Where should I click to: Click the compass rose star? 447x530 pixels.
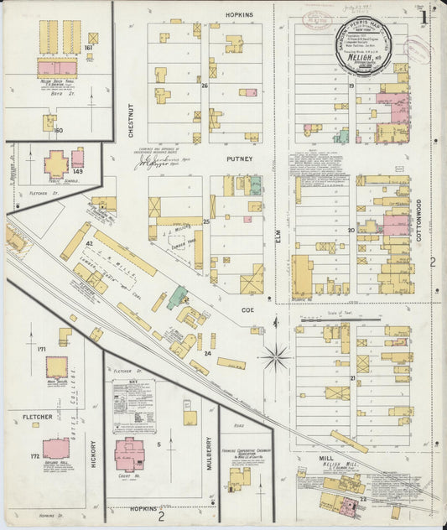pyautogui.click(x=275, y=357)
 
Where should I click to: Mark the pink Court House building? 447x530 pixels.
pyautogui.click(x=129, y=454)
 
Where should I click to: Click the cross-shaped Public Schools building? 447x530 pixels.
pyautogui.click(x=56, y=164)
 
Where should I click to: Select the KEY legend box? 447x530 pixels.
pyautogui.click(x=134, y=406)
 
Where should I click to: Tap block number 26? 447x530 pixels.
pyautogui.click(x=205, y=86)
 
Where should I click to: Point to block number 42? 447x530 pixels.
pyautogui.click(x=89, y=243)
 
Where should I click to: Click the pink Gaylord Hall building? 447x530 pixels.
pyautogui.click(x=56, y=449)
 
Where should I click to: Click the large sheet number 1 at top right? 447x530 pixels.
pyautogui.click(x=424, y=16)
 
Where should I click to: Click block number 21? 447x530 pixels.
pyautogui.click(x=353, y=378)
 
